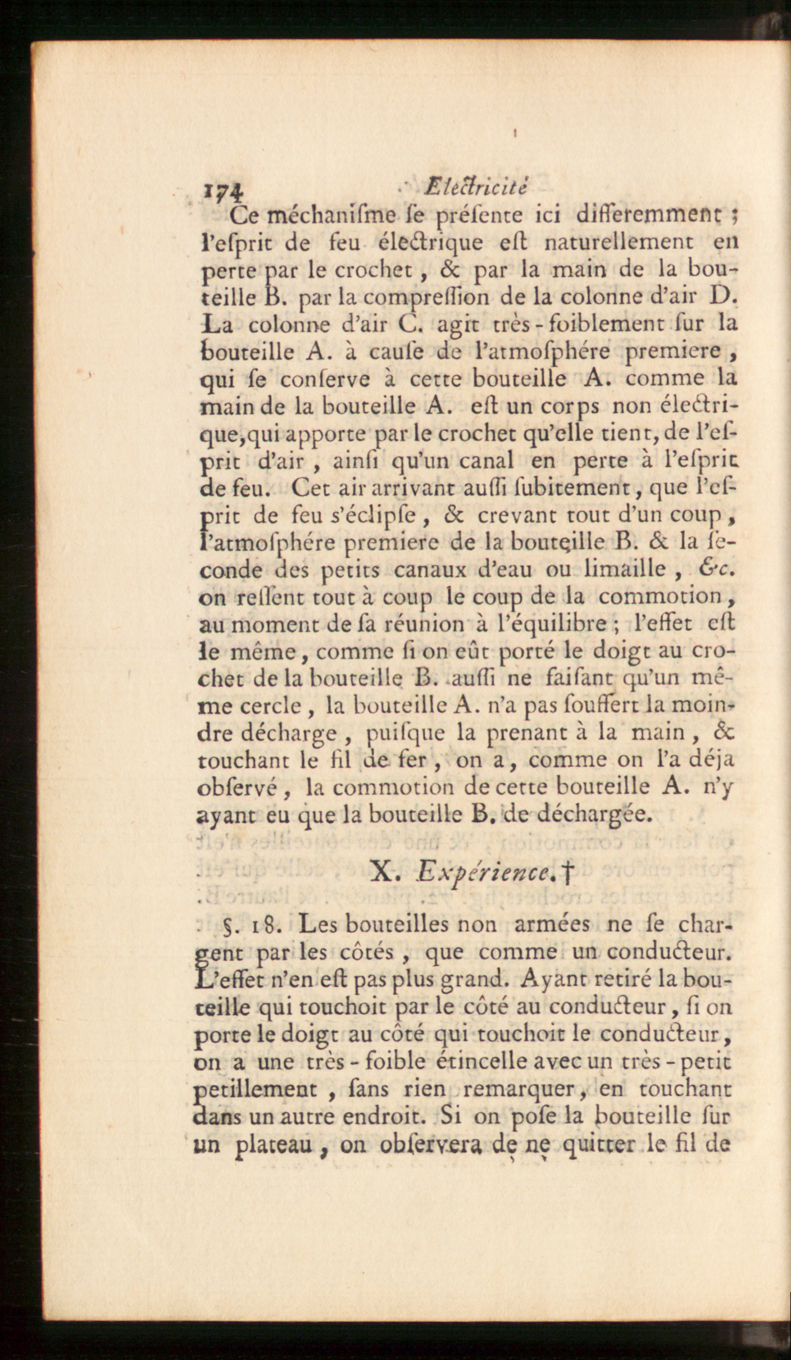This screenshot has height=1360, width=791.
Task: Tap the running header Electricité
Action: click(x=476, y=187)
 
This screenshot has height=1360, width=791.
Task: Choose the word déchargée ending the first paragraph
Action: click(x=596, y=815)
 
